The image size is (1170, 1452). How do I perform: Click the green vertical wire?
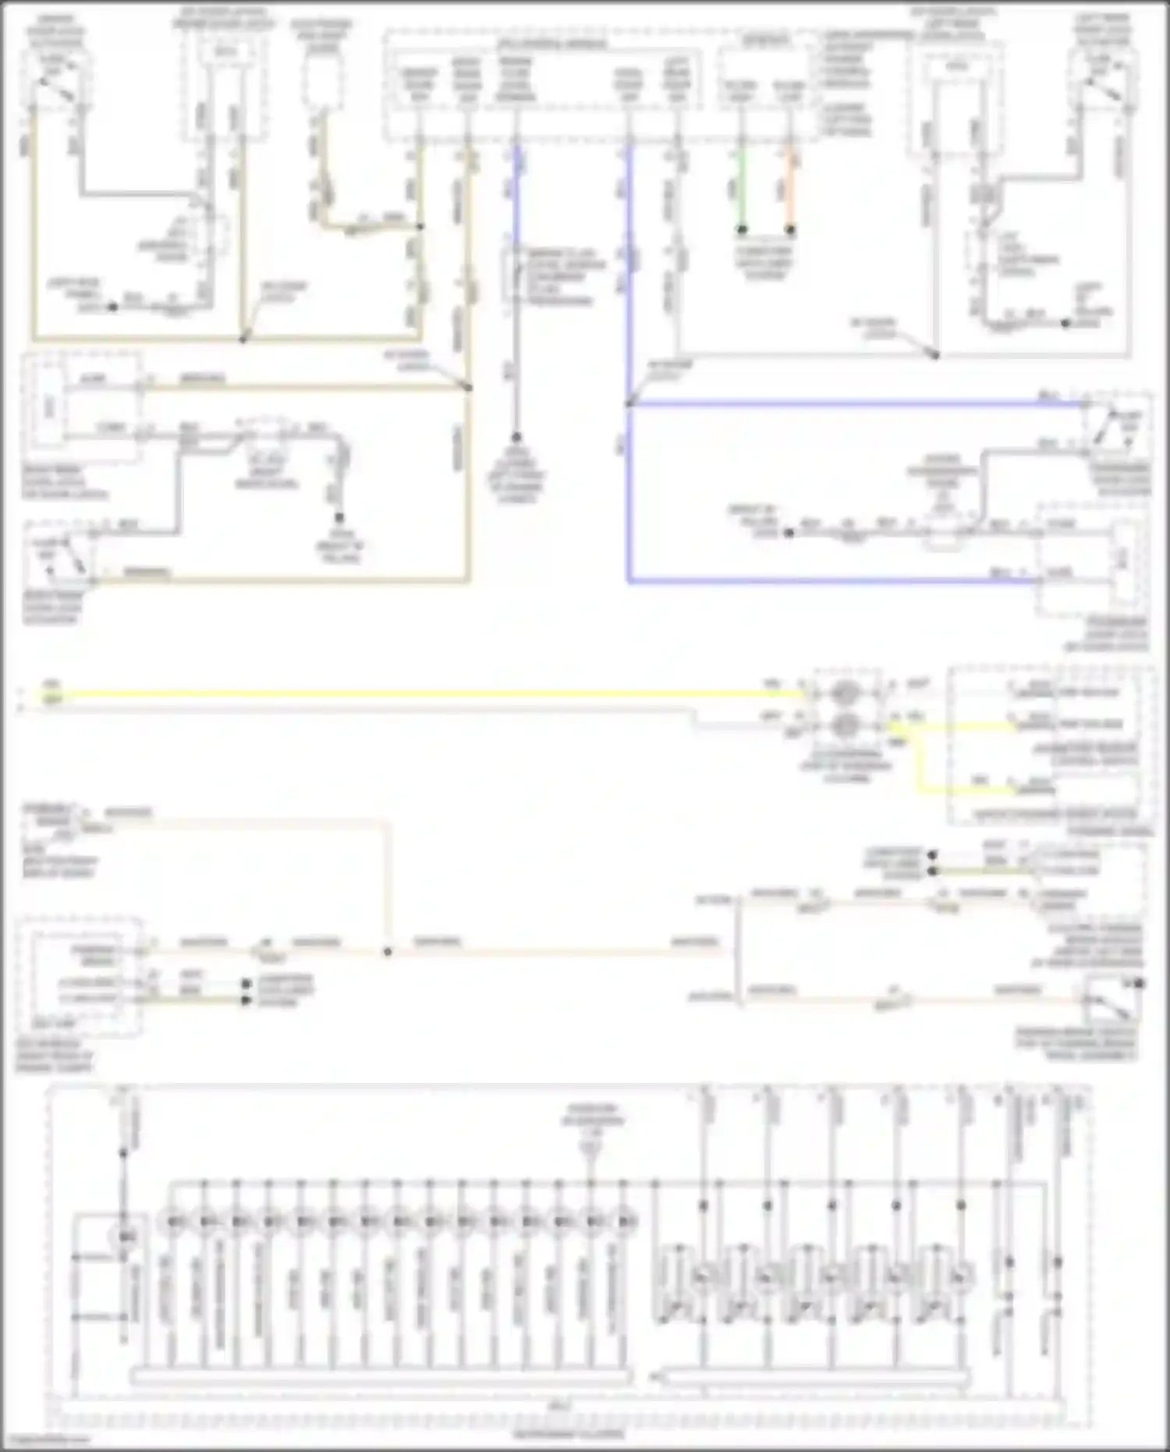tap(742, 187)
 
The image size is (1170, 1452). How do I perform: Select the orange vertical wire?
tap(790, 187)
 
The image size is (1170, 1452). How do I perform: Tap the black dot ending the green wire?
tap(742, 230)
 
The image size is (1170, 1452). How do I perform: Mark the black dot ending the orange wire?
tap(790, 230)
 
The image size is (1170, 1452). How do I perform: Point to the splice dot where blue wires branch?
tap(628, 404)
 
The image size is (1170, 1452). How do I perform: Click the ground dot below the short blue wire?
tap(515, 438)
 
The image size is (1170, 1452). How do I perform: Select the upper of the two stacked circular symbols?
tap(845, 693)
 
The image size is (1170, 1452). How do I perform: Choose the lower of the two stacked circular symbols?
tap(845, 726)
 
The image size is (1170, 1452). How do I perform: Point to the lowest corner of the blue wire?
tap(629, 581)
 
